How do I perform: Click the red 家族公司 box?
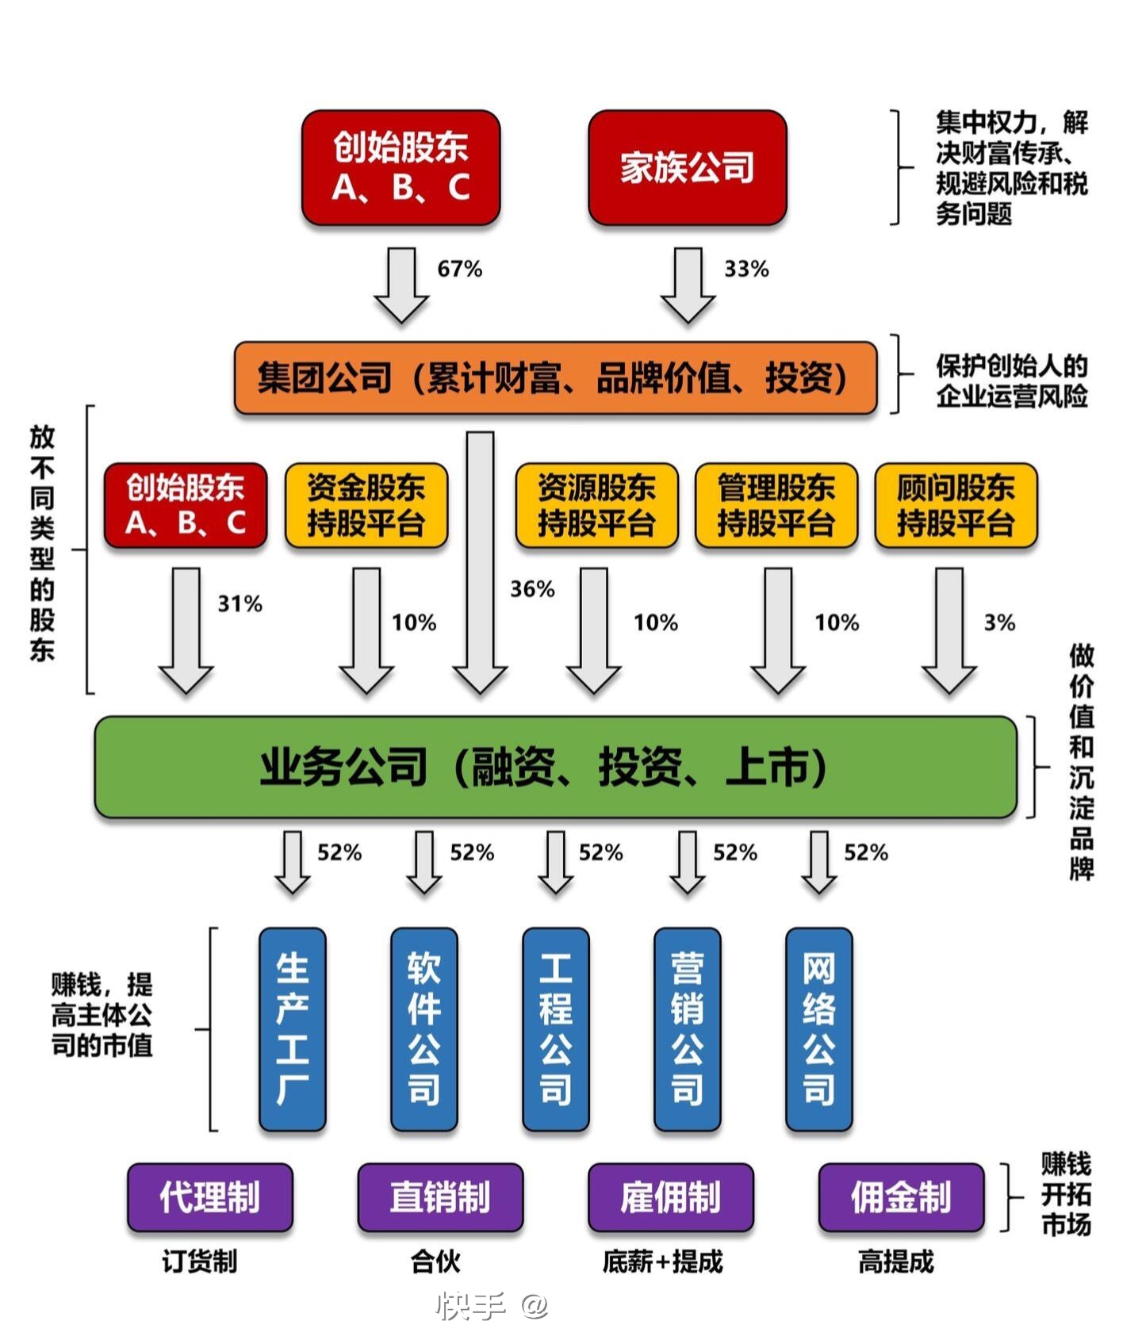pyautogui.click(x=687, y=167)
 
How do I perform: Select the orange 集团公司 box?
pyautogui.click(x=555, y=377)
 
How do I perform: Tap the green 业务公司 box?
pyautogui.click(x=555, y=767)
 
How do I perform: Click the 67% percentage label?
pyautogui.click(x=459, y=269)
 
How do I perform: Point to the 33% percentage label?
pyautogui.click(x=746, y=269)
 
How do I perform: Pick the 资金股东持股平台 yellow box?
pyautogui.click(x=366, y=506)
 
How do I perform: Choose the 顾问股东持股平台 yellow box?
pyautogui.click(x=956, y=506)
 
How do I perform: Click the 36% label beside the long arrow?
pyautogui.click(x=532, y=589)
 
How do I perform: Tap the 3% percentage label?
pyautogui.click(x=999, y=622)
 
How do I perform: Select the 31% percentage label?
pyautogui.click(x=240, y=604)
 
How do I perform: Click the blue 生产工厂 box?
pyautogui.click(x=292, y=1028)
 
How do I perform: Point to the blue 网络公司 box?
pyautogui.click(x=818, y=1028)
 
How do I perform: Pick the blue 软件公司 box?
pyautogui.click(x=423, y=1028)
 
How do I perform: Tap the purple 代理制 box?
pyautogui.click(x=209, y=1197)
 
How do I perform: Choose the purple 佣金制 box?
pyautogui.click(x=901, y=1197)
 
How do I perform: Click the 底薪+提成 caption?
pyautogui.click(x=662, y=1262)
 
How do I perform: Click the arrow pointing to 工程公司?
pyautogui.click(x=555, y=862)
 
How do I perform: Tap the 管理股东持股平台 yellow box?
pyautogui.click(x=776, y=506)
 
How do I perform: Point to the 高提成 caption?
pyautogui.click(x=896, y=1262)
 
